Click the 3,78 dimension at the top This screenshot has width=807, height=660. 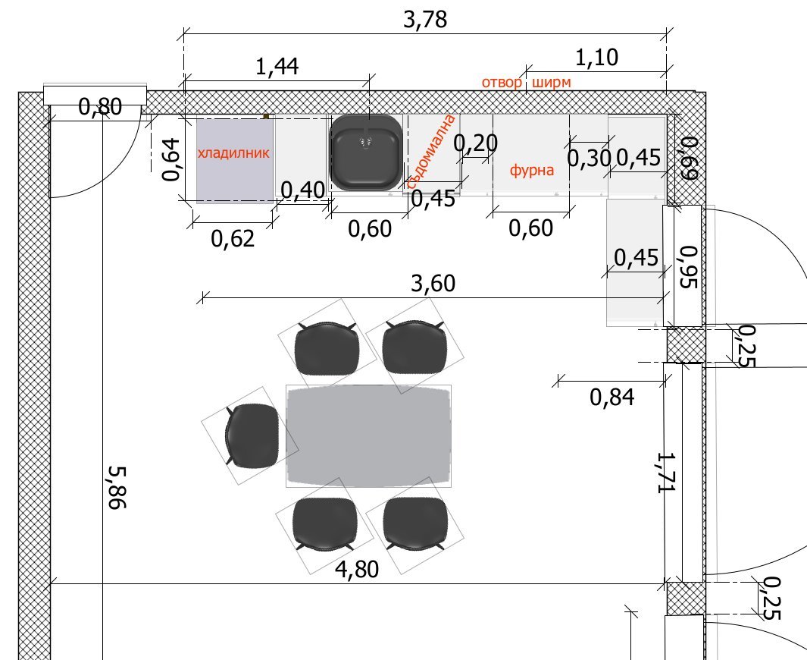coord(425,20)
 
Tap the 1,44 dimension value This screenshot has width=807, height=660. coord(277,67)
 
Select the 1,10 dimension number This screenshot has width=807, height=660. coord(596,58)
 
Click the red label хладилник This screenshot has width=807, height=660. coord(233,153)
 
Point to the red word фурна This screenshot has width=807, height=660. coord(532,170)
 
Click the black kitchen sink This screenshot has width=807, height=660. coord(365,152)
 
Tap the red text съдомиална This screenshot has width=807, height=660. coord(431,152)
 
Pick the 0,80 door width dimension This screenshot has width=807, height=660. coord(100,107)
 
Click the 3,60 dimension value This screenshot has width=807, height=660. coord(433,284)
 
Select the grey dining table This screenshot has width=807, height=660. coord(369,436)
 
